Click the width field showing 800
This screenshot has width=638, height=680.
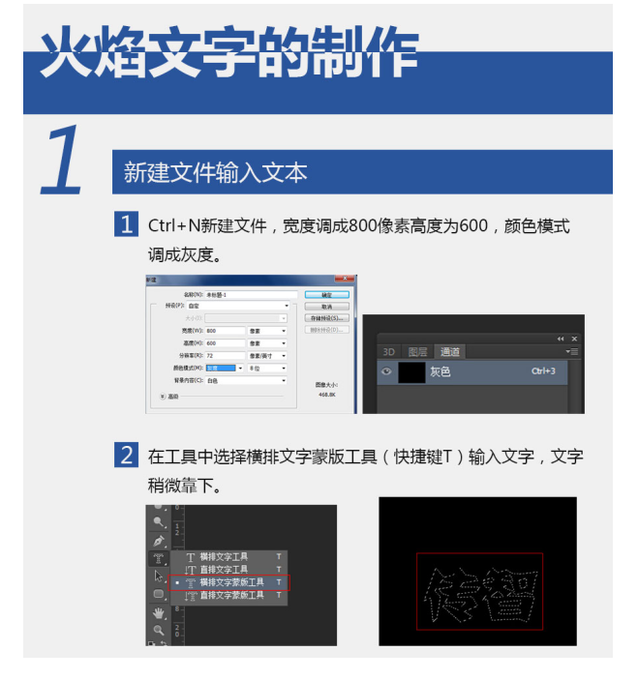click(x=224, y=331)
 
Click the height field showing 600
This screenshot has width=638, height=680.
click(x=224, y=343)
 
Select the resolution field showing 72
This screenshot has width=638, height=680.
click(x=224, y=356)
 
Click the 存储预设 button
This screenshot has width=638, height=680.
click(x=326, y=318)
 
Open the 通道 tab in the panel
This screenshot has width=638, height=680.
click(x=449, y=352)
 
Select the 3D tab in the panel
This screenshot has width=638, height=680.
click(x=389, y=352)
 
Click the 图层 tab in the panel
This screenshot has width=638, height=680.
click(x=417, y=352)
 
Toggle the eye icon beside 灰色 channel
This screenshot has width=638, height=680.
click(x=387, y=371)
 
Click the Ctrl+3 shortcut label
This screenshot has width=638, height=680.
click(x=543, y=371)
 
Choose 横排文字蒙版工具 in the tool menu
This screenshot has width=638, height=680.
click(x=231, y=583)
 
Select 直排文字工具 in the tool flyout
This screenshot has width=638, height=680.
click(x=224, y=570)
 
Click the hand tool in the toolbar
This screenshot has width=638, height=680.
click(x=158, y=612)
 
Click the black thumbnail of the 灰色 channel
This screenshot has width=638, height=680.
click(x=412, y=371)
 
